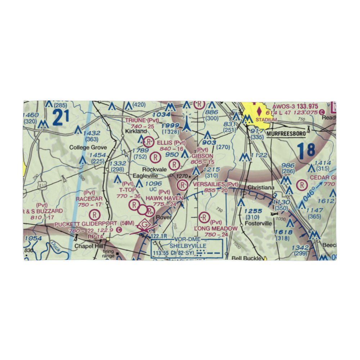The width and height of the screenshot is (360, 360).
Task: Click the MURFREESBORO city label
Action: pyautogui.click(x=286, y=134)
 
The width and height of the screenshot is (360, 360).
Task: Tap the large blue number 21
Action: pyautogui.click(x=60, y=118)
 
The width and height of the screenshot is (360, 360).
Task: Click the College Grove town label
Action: pyautogui.click(x=88, y=147)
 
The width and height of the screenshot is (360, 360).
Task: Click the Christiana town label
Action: pyautogui.click(x=261, y=188)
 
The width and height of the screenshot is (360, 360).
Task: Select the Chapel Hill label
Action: pyautogui.click(x=89, y=246)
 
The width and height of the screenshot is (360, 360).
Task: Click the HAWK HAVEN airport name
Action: pyautogui.click(x=164, y=198)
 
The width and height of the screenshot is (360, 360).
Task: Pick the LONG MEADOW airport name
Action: pyautogui.click(x=216, y=229)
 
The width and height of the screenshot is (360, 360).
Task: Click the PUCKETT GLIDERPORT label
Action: pyautogui.click(x=86, y=224)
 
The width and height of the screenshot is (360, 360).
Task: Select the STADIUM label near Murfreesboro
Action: pyautogui.click(x=266, y=120)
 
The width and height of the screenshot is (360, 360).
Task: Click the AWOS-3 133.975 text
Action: pyautogui.click(x=295, y=106)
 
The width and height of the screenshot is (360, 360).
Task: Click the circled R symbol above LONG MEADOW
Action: pyautogui.click(x=204, y=217)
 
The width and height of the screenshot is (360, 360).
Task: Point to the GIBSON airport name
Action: pyautogui.click(x=202, y=156)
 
